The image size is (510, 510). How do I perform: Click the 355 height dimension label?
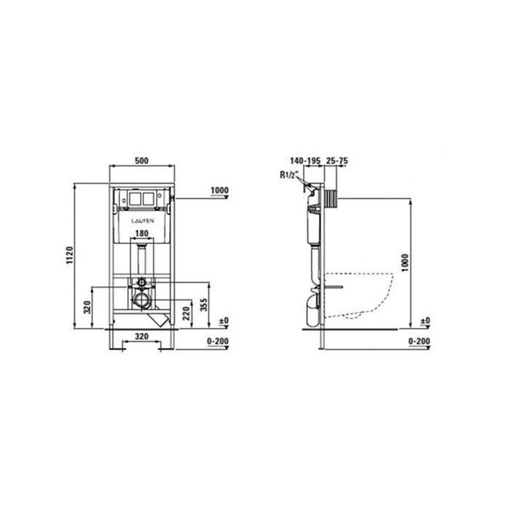[x=206, y=305]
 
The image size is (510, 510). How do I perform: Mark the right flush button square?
[x=152, y=197]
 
